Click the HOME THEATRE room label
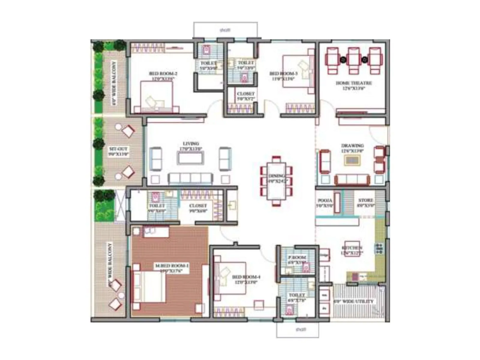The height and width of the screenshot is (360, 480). pos(354,83)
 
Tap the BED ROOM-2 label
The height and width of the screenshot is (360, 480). pos(163,73)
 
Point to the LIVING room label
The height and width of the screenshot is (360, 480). pos(191,144)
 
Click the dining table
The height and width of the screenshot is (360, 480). pos(276,181)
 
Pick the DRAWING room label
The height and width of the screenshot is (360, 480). pos(352,146)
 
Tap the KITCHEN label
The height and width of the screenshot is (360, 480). pos(352,248)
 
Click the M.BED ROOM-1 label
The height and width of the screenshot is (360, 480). pos(172,266)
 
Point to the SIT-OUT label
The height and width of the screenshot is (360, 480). pos(118,149)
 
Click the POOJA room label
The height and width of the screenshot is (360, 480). pos(325,200)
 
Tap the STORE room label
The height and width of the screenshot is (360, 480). pos(366,200)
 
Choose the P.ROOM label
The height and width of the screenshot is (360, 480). pos(297,257)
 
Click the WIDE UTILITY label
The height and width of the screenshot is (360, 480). pos(354,301)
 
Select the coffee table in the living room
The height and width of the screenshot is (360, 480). pos(190,158)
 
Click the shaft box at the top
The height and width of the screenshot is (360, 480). pos(225,30)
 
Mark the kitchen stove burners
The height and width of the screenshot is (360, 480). pos(379,249)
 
